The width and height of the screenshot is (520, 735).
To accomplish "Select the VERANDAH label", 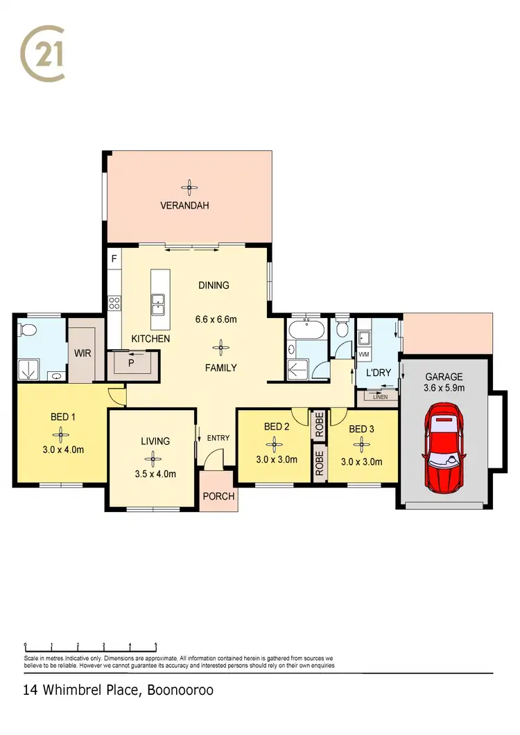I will (184, 206).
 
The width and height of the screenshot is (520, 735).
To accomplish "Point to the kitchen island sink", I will (158, 301).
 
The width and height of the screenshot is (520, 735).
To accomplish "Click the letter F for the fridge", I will (114, 260).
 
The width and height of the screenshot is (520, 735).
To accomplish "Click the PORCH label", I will (218, 497).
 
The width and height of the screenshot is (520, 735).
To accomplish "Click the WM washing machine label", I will (363, 355).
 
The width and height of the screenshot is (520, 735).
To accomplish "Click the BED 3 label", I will (361, 430).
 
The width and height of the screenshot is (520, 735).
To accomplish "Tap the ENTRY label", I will (218, 438).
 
